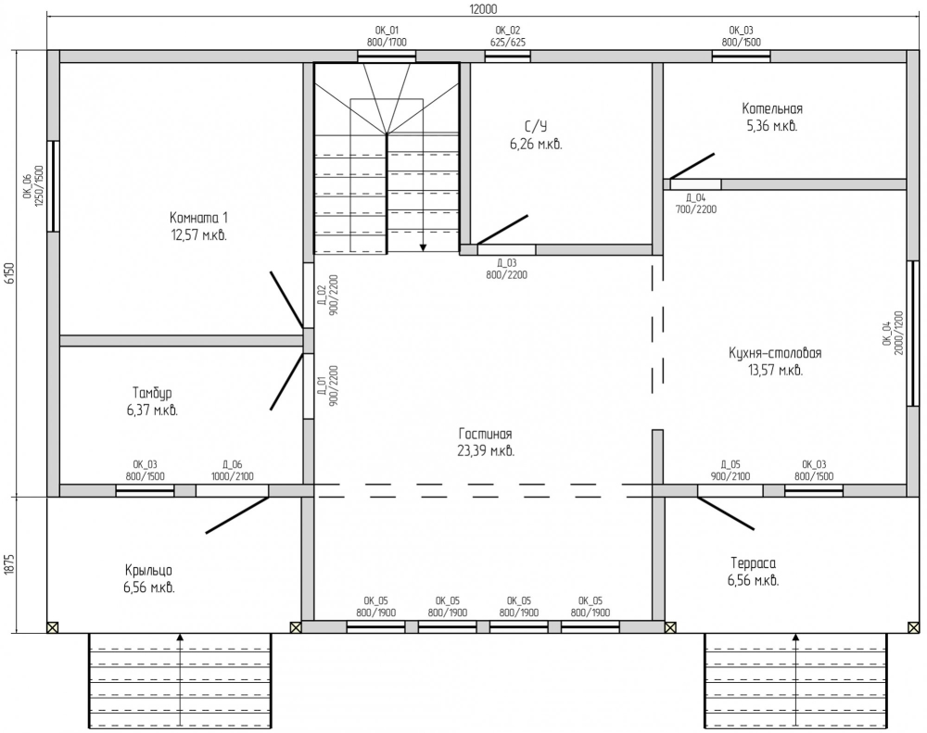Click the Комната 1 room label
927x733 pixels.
(198, 218)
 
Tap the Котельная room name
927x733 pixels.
(772, 108)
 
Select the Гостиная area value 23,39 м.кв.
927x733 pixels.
(486, 451)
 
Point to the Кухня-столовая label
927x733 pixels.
(775, 353)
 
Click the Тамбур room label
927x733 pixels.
(152, 393)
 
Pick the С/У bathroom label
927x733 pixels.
(536, 127)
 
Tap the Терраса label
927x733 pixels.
(753, 562)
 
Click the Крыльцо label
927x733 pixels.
(148, 571)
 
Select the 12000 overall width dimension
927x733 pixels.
(483, 9)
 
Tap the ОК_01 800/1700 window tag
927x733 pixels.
(387, 36)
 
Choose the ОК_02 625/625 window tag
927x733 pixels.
(508, 36)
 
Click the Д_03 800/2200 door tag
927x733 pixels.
(507, 269)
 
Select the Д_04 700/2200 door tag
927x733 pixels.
(696, 203)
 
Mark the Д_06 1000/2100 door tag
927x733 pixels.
(233, 471)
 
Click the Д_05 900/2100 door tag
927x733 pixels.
(730, 471)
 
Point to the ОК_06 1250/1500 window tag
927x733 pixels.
(33, 185)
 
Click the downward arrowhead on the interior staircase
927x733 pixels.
(424, 247)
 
